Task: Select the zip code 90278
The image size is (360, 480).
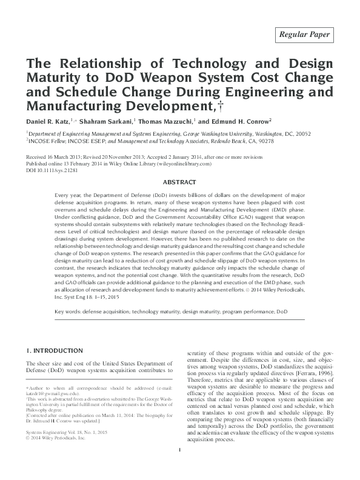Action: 262,141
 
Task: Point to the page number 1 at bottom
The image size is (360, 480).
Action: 180,467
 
